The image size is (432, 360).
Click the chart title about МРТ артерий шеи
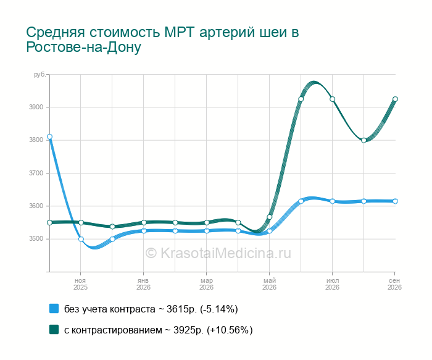coord(162,40)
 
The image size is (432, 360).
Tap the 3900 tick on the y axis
coord(36,107)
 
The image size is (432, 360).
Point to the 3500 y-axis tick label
coord(36,239)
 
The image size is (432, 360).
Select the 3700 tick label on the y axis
coord(36,173)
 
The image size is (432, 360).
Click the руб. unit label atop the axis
coord(39,75)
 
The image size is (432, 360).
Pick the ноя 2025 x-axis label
coord(80,284)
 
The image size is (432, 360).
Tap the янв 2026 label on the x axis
coord(143,284)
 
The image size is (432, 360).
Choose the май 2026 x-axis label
coord(270,284)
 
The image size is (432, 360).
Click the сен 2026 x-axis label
coord(394,284)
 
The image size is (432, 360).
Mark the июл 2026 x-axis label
coord(332,284)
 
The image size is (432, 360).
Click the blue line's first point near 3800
coord(49,136)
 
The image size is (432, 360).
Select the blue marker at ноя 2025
coord(81,239)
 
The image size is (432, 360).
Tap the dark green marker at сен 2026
coord(395,99)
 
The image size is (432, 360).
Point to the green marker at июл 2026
coord(332,99)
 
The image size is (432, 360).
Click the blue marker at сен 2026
coord(395,201)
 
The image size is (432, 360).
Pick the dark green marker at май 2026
coord(270,217)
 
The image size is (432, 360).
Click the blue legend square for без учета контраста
coord(54,309)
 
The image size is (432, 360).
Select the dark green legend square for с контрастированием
coord(54,329)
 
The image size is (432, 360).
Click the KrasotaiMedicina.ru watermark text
coord(218,253)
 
